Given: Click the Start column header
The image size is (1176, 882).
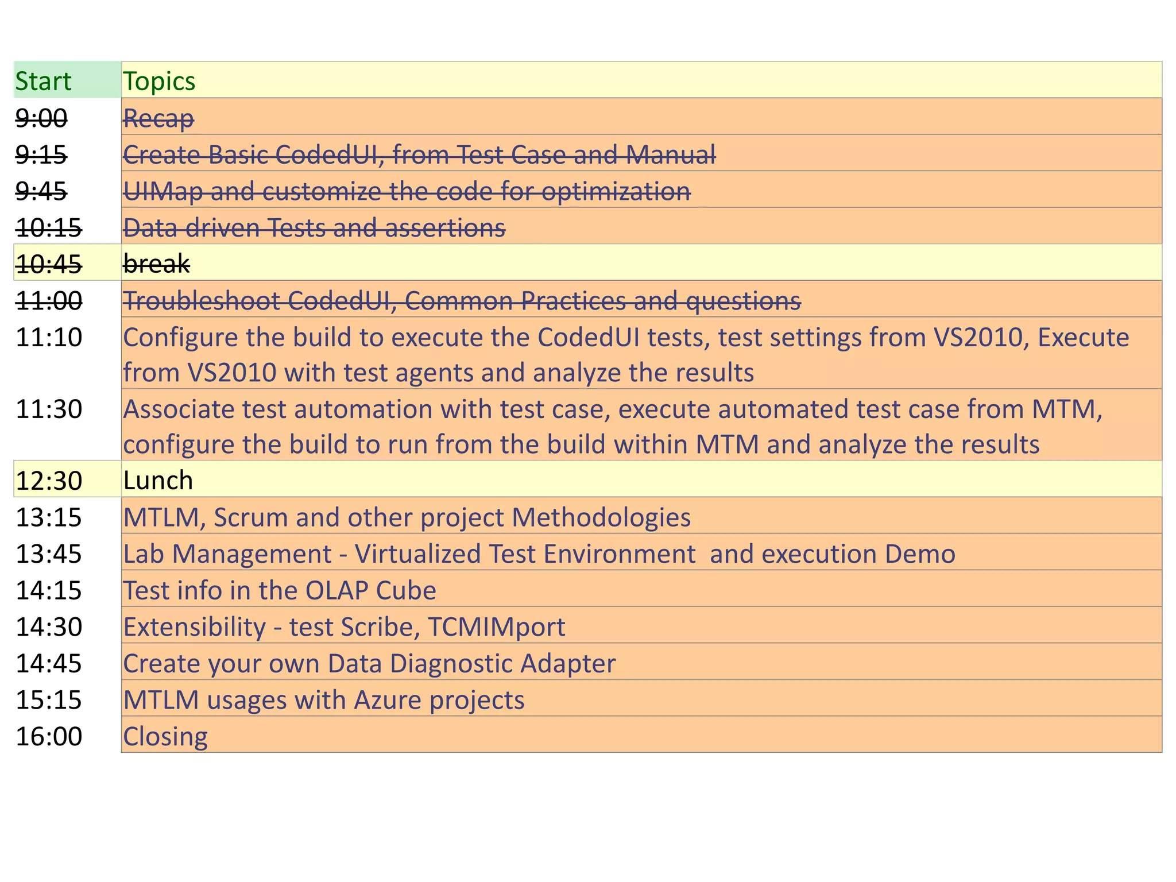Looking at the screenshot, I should [43, 81].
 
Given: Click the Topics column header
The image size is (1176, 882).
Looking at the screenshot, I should [159, 81].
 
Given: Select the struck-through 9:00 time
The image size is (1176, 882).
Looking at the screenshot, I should [41, 118].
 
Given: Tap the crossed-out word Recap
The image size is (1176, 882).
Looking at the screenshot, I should [158, 118].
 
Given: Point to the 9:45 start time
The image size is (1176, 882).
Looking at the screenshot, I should [41, 191].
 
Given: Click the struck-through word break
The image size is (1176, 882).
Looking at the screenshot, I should [156, 264].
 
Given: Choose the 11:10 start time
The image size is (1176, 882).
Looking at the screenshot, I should [49, 337].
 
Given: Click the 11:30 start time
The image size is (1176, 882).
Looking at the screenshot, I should [49, 409].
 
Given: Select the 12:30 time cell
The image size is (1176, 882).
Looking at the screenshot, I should [49, 481].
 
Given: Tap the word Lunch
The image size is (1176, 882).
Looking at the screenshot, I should [158, 481].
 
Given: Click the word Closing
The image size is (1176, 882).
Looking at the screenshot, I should [165, 737].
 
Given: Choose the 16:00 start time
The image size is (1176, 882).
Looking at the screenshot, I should [49, 737].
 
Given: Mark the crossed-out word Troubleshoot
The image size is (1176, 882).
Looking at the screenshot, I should [202, 301].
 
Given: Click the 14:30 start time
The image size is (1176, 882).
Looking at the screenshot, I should [49, 627].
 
